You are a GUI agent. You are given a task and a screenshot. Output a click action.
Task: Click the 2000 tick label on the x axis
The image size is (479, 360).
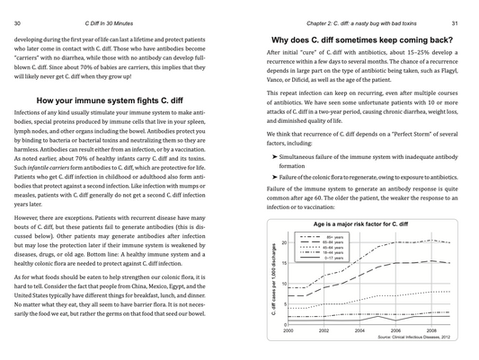pyautogui.click(x=288, y=331)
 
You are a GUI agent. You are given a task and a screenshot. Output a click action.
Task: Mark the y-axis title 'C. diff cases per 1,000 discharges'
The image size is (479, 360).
pyautogui.click(x=273, y=278)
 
